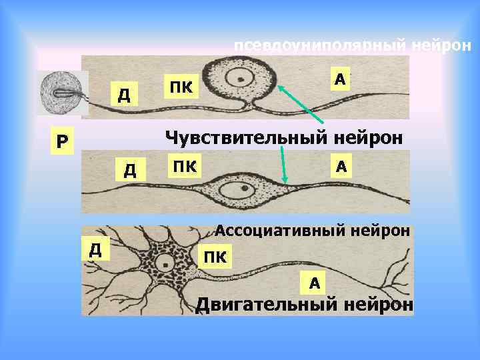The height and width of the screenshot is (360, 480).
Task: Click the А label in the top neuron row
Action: pos(339,79)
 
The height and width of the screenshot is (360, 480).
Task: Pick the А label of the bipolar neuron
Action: pos(340,165)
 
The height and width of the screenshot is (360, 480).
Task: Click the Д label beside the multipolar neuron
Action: pos(95,249)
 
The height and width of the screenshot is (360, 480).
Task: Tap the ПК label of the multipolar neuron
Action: pos(215,256)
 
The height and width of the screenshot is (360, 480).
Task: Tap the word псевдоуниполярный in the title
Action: pos(321,47)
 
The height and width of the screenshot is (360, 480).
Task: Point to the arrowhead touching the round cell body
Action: pos(280,86)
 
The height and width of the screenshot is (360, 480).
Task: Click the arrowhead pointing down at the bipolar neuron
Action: pos(285,181)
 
